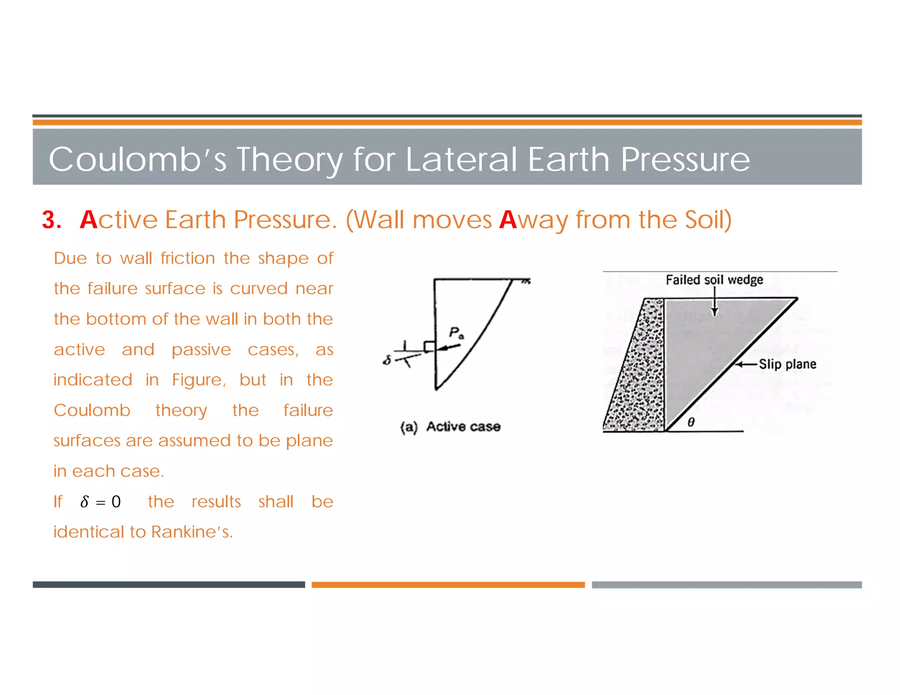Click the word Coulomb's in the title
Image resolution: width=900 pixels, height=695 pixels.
click(138, 159)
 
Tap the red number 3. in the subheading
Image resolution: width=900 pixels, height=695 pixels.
click(51, 220)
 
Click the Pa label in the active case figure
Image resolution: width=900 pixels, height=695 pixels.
click(456, 333)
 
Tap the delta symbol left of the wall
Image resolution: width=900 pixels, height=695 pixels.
click(387, 360)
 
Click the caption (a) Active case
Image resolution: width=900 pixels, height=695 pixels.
click(450, 427)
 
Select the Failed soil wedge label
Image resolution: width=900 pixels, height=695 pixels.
click(714, 280)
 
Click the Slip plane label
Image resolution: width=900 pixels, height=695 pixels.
click(787, 364)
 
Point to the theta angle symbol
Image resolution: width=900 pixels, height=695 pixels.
click(691, 422)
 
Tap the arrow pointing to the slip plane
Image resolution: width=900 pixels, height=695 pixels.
click(746, 364)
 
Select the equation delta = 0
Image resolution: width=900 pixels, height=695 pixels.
click(100, 501)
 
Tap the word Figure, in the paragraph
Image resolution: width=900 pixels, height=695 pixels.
click(199, 380)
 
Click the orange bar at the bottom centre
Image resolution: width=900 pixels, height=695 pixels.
click(448, 584)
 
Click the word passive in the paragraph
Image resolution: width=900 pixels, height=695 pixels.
click(201, 350)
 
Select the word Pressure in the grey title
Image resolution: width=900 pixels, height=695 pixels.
click(685, 159)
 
